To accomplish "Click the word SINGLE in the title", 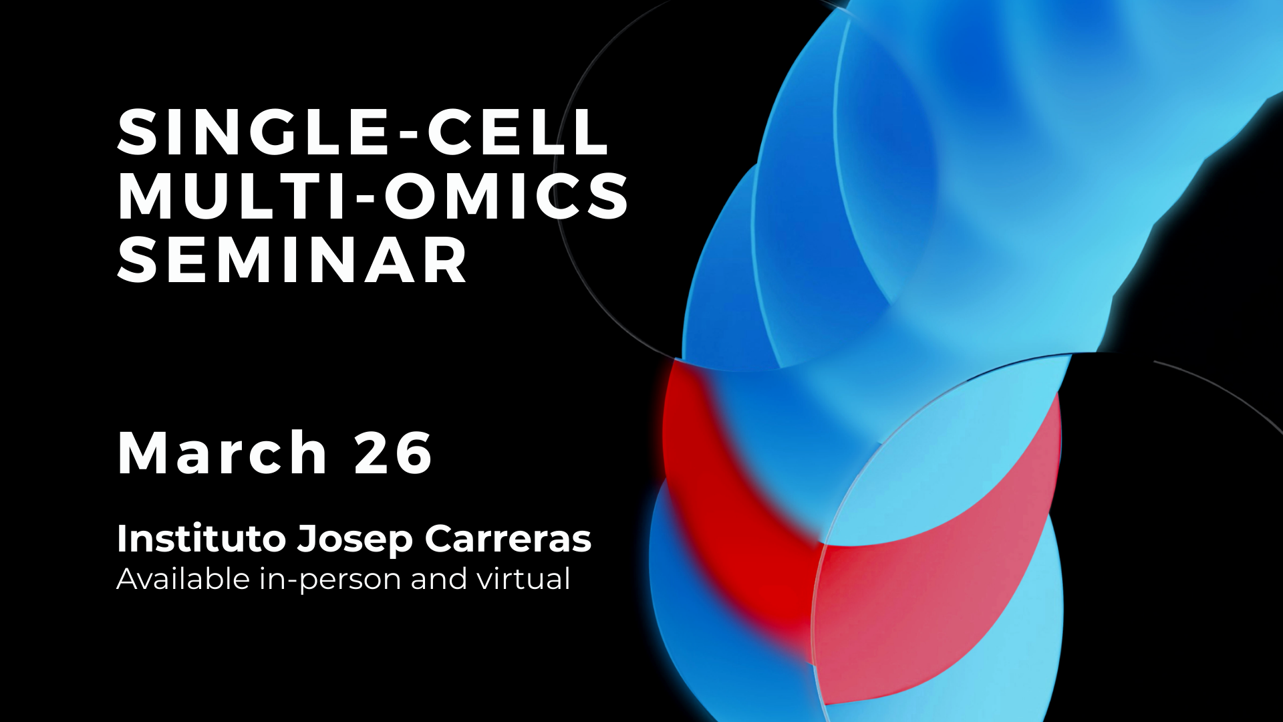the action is (253, 132).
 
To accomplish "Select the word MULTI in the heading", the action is (233, 195).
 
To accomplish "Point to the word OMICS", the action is (507, 195).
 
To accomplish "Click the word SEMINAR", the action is (292, 260).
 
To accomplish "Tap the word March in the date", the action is (222, 453).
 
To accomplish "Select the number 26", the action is (394, 453).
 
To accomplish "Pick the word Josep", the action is (355, 540).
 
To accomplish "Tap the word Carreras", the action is (508, 539).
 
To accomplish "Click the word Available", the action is (183, 579).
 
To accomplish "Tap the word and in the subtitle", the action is (438, 579).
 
